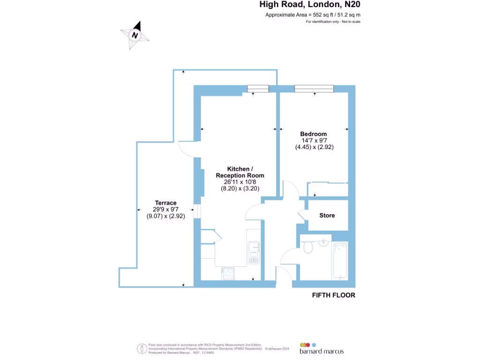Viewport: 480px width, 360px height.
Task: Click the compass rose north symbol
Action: point(135,35)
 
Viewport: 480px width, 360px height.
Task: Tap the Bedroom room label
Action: point(313,134)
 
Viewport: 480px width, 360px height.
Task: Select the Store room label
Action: point(327,216)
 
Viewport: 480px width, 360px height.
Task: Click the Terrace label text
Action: point(166,203)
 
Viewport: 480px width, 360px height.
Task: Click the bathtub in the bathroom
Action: point(339,261)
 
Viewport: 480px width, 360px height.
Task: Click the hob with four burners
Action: point(228,273)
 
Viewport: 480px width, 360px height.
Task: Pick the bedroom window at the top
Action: point(314,89)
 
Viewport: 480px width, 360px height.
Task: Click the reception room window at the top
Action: point(258,89)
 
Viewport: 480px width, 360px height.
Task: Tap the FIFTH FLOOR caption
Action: point(333,295)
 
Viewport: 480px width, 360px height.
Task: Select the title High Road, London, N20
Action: point(310,5)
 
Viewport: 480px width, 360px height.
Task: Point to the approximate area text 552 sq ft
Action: point(313,15)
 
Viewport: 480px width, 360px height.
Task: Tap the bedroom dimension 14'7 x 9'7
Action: point(314,141)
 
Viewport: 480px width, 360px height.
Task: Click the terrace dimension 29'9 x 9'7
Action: point(166,210)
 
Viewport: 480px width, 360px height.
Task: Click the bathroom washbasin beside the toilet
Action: point(323,242)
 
